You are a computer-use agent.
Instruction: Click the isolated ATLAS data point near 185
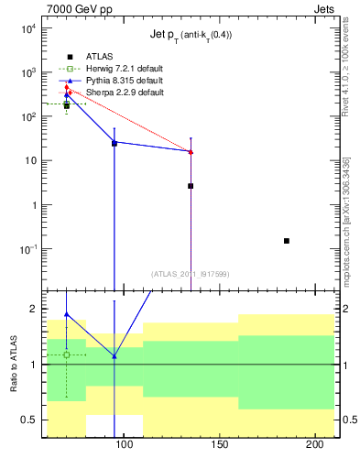[287, 241]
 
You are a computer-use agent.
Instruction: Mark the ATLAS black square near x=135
[191, 186]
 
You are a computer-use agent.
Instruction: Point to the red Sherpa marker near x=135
[191, 152]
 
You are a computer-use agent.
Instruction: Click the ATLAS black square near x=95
[115, 144]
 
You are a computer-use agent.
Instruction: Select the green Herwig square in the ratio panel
[66, 354]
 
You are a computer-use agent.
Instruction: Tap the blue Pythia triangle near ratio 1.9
[66, 314]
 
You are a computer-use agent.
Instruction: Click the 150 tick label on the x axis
[219, 445]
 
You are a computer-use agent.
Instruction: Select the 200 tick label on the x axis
[314, 445]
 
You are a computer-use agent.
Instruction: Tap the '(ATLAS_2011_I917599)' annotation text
[191, 273]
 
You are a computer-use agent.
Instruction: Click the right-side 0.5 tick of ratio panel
[347, 420]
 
